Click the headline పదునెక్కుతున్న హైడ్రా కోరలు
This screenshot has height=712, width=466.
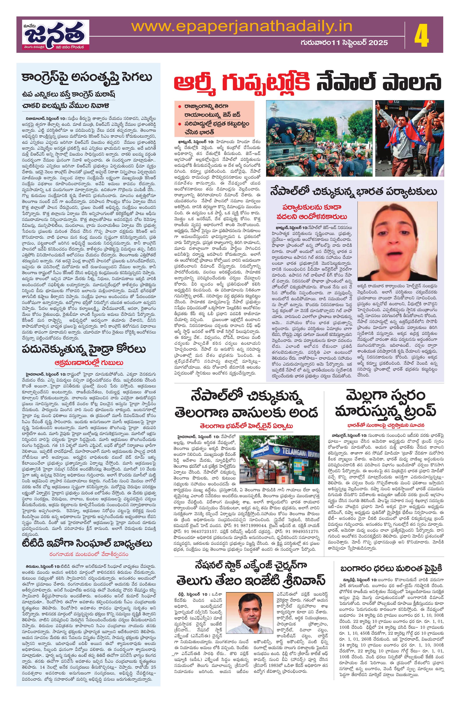[84, 349]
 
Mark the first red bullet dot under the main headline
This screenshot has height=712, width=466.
[179, 106]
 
